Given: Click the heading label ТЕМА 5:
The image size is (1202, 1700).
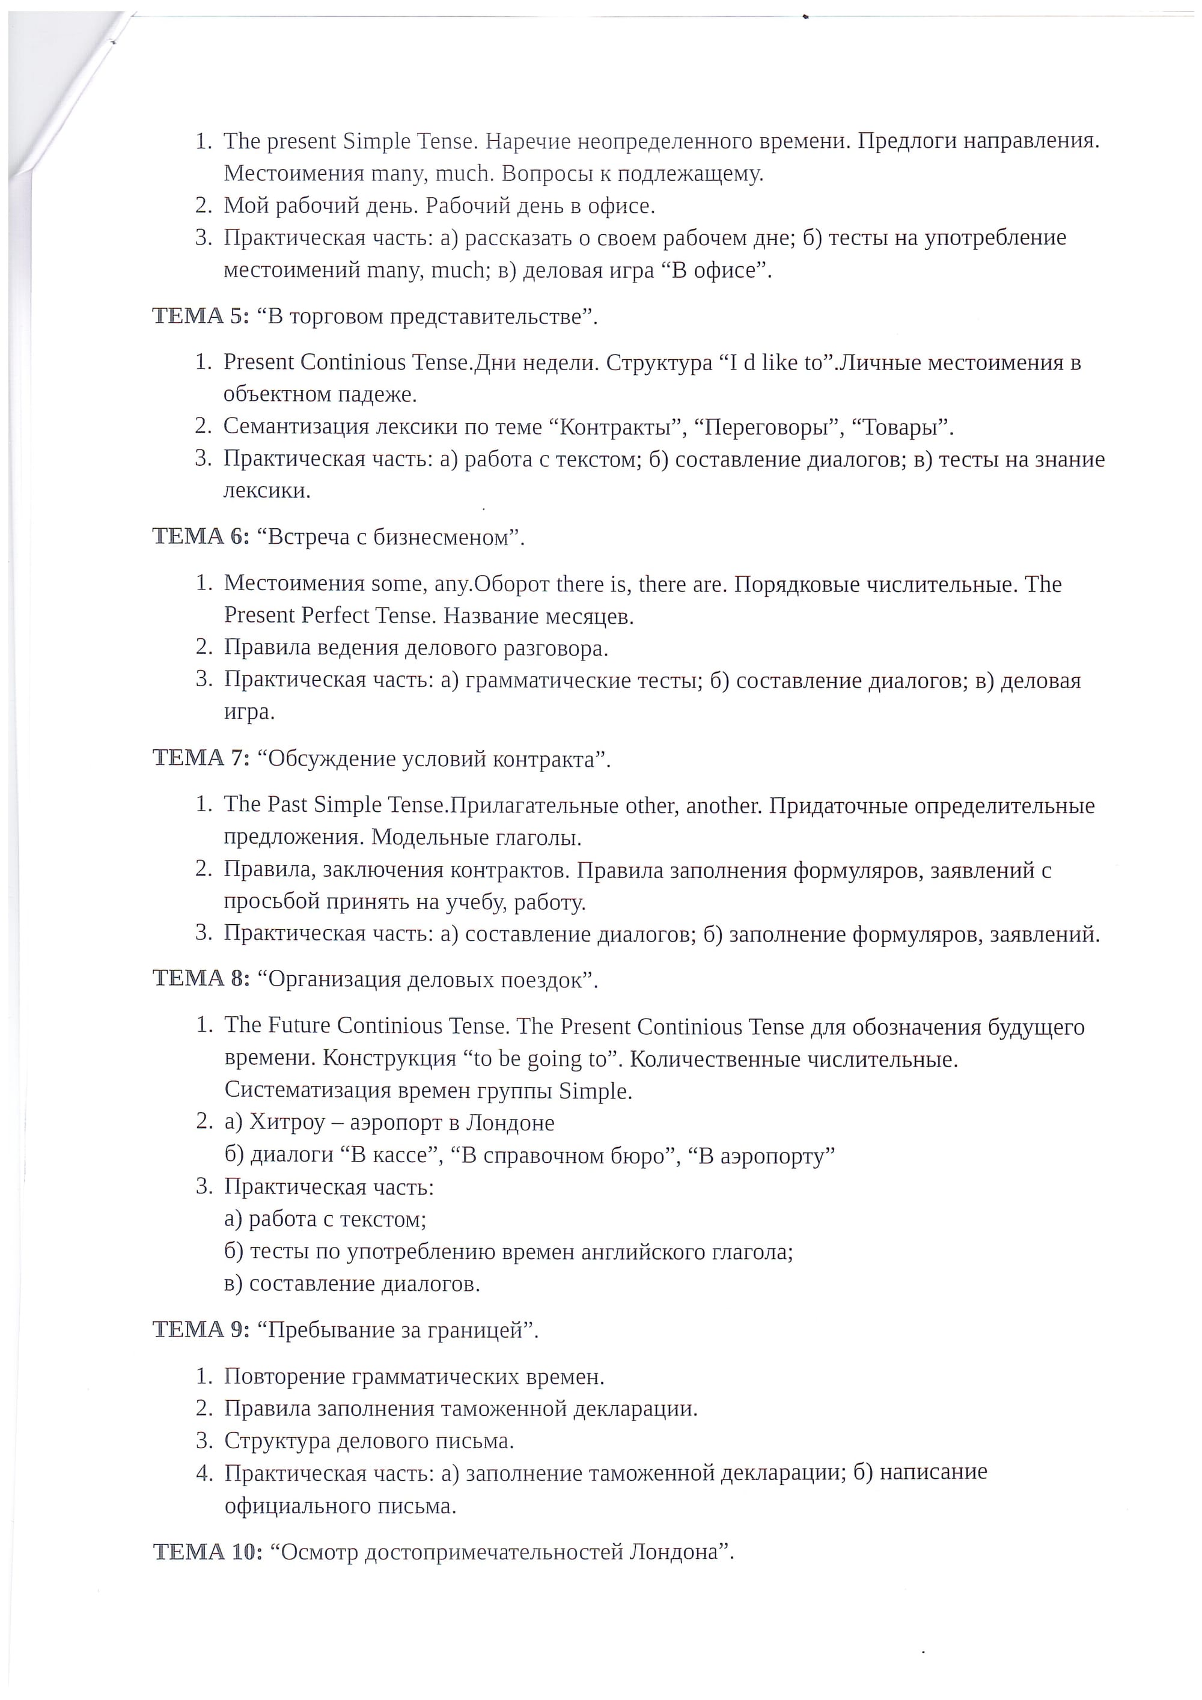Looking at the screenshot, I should [201, 316].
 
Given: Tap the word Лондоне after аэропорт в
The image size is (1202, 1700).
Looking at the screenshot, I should [510, 1123].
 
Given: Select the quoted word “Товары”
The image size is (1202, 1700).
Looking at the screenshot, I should [902, 427].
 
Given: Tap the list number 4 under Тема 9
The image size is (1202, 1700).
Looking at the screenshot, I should [204, 1472].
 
